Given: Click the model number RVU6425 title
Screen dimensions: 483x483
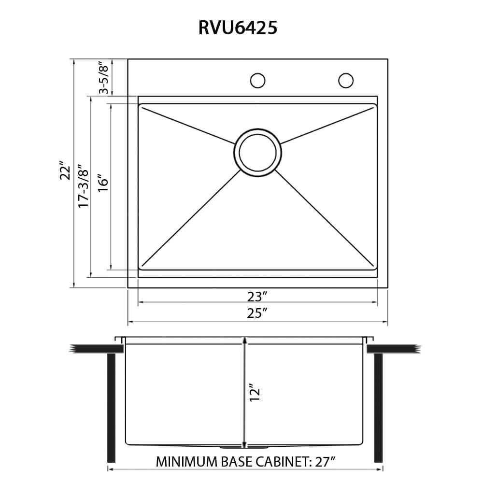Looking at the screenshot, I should [237, 28].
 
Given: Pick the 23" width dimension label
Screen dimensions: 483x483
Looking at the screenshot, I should [257, 296].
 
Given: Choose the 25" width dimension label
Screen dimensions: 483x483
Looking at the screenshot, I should [257, 314].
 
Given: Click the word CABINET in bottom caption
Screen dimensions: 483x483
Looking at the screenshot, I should [279, 461].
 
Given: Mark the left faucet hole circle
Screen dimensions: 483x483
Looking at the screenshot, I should [258, 80].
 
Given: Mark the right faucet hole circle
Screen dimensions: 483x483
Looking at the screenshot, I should [346, 80].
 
